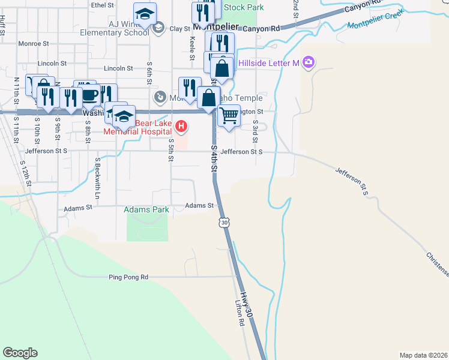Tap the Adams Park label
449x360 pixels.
click(146, 210)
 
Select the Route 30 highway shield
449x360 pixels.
click(224, 222)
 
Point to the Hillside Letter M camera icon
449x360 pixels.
click(309, 62)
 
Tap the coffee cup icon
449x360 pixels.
click(90, 94)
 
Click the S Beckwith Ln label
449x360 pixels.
click(96, 179)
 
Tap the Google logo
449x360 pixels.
click(20, 353)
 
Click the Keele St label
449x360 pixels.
click(193, 48)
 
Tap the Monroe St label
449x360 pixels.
click(33, 43)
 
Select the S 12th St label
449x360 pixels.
click(25, 170)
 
